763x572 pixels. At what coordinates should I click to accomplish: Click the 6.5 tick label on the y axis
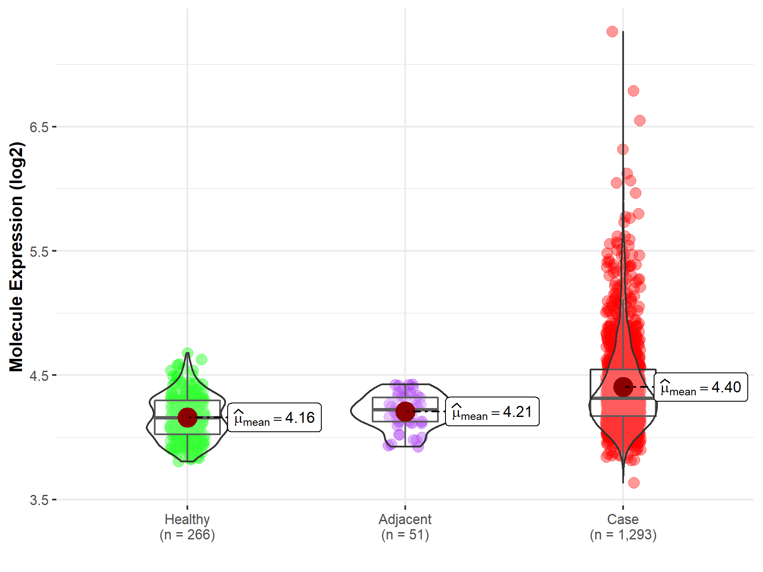pyautogui.click(x=39, y=127)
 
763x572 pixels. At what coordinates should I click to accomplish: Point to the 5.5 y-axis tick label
pyautogui.click(x=39, y=251)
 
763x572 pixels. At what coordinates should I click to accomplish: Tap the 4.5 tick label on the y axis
pyautogui.click(x=39, y=375)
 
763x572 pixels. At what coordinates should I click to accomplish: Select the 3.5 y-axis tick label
pyautogui.click(x=39, y=500)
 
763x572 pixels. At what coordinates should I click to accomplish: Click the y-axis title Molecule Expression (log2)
pyautogui.click(x=16, y=257)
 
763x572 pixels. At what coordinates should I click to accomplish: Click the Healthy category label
pyautogui.click(x=187, y=519)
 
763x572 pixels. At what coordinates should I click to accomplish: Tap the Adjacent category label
pyautogui.click(x=405, y=519)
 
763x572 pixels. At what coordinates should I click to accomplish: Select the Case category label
pyautogui.click(x=623, y=519)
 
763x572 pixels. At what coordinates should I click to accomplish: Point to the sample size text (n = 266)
pyautogui.click(x=187, y=535)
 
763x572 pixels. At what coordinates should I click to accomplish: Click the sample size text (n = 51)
pyautogui.click(x=405, y=535)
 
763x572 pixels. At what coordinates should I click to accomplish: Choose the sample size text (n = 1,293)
pyautogui.click(x=623, y=535)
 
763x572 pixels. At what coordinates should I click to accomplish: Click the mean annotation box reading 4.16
pyautogui.click(x=274, y=418)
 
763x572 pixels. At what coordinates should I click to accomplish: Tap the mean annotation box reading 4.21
pyautogui.click(x=492, y=412)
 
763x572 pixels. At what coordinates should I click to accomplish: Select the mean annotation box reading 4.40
pyautogui.click(x=701, y=387)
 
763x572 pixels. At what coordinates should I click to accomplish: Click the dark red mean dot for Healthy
pyautogui.click(x=187, y=418)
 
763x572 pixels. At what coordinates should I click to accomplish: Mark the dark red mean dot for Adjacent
pyautogui.click(x=405, y=411)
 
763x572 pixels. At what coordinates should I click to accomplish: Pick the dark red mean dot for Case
pyautogui.click(x=623, y=387)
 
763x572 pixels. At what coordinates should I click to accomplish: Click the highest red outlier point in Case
pyautogui.click(x=612, y=31)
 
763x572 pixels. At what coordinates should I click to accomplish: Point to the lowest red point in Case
pyautogui.click(x=634, y=483)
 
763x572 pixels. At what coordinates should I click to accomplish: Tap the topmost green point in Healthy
pyautogui.click(x=187, y=353)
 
